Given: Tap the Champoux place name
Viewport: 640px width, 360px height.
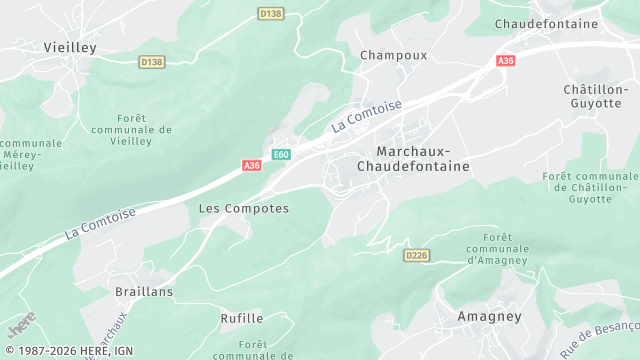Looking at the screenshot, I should click(393, 55).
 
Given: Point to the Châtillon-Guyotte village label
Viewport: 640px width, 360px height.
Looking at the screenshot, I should click(600, 96).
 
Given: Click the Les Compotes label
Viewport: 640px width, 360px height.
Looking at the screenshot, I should click(244, 208).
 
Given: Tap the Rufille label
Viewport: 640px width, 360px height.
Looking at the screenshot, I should click(242, 318).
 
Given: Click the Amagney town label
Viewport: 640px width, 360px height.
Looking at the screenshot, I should click(489, 315).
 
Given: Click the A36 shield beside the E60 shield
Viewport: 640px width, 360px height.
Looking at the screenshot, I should click(251, 166).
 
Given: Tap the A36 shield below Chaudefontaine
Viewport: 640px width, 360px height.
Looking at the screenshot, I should click(506, 61).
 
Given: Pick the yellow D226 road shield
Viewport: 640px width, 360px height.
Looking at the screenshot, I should click(417, 256).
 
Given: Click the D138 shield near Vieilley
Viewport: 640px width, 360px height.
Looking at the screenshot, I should click(152, 62).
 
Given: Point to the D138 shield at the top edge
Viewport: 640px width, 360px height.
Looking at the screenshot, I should click(270, 14).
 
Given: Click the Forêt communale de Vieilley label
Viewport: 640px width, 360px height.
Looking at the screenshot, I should click(131, 129).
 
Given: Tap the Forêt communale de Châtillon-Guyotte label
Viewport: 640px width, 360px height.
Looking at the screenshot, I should click(589, 187).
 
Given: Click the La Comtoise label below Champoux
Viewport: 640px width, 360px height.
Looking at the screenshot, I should click(367, 116).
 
